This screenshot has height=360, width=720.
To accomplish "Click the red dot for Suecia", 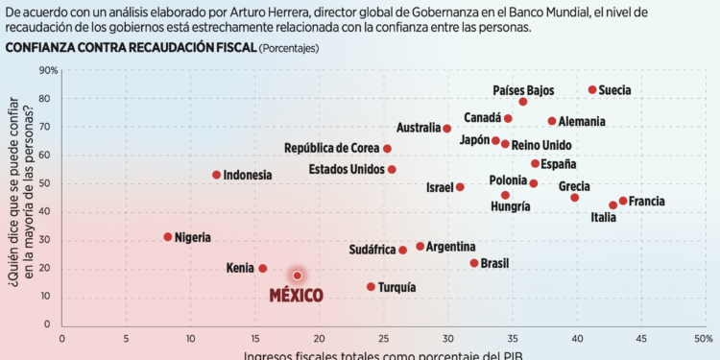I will pyautogui.click(x=592, y=89).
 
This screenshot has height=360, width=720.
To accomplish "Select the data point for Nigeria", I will pyautogui.click(x=168, y=236).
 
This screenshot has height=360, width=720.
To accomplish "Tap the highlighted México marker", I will pyautogui.click(x=298, y=276).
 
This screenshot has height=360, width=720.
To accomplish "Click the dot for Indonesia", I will pyautogui.click(x=217, y=175).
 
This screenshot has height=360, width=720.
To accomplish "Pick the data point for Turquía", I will pyautogui.click(x=371, y=287).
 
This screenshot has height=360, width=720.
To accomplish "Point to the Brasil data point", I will pyautogui.click(x=473, y=263).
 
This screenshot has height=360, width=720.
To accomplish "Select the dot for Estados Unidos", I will pyautogui.click(x=392, y=169).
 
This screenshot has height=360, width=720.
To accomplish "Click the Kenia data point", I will pyautogui.click(x=262, y=269).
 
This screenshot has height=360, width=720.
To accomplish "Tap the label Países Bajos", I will pyautogui.click(x=523, y=89).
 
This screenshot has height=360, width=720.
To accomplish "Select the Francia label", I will pyautogui.click(x=646, y=202).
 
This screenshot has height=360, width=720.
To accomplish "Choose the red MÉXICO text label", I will pyautogui.click(x=296, y=295).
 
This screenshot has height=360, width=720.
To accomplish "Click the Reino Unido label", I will pyautogui.click(x=541, y=145).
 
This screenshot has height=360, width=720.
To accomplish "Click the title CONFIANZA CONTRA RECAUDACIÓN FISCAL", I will pyautogui.click(x=130, y=47).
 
